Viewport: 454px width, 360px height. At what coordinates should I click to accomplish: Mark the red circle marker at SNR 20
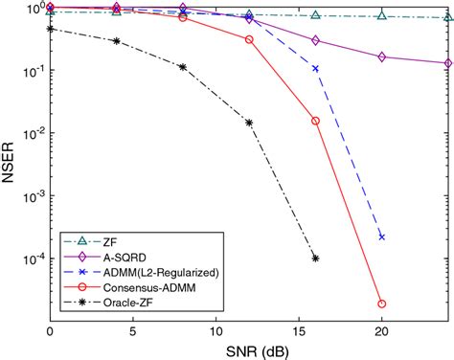point(382,304)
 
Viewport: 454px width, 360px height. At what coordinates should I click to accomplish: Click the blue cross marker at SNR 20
point(382,236)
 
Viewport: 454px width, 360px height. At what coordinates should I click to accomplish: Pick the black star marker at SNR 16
point(316,259)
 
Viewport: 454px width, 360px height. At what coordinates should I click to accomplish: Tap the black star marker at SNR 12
point(249,123)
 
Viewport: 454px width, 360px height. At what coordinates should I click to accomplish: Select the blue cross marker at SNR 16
point(316,68)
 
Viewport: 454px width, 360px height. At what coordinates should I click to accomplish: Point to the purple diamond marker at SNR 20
point(382,57)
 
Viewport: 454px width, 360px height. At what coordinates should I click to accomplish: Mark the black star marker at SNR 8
point(183,67)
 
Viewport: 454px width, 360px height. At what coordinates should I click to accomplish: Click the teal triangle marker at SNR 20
point(382,16)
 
